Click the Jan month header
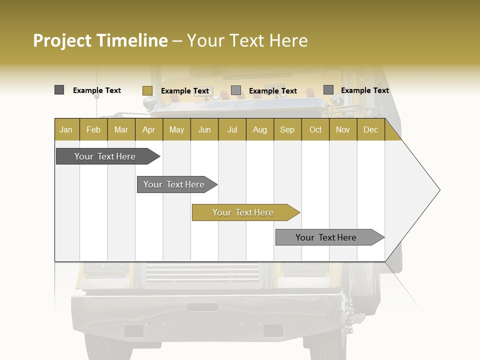click(66, 129)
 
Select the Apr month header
click(148, 129)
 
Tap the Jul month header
click(232, 129)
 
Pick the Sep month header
click(287, 129)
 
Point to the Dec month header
click(370, 129)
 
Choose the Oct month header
click(315, 129)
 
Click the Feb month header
click(93, 129)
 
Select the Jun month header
click(204, 129)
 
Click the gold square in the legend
click(147, 90)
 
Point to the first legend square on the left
click(59, 90)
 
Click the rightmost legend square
click(328, 90)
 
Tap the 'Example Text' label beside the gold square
click(185, 91)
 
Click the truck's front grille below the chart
click(202, 274)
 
